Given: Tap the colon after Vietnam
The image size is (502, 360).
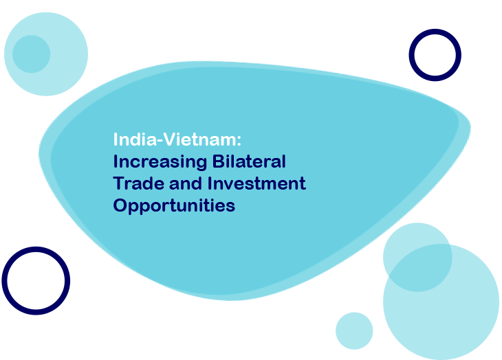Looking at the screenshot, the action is click(239, 142).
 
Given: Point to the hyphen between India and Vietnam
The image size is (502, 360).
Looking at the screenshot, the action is click(160, 141).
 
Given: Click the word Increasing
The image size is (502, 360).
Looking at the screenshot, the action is click(160, 162).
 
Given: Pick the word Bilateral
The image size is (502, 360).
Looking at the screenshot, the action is click(249, 161).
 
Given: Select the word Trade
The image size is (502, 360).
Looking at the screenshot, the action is click(138, 183).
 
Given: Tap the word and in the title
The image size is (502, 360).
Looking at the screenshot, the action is click(186, 183).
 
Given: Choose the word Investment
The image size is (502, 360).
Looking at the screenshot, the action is click(257, 183).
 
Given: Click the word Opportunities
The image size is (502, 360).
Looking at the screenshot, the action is click(174, 206).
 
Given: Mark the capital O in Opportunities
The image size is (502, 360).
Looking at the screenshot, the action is click(120, 205).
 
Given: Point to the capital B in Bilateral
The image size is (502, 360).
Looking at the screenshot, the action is click(218, 161).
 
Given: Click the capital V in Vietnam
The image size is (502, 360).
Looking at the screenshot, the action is click(171, 139).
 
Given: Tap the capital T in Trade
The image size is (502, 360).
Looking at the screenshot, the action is click(119, 183).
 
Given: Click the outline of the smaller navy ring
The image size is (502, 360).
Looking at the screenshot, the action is click(411, 55).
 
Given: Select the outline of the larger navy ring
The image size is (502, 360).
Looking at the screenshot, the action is click(5, 280).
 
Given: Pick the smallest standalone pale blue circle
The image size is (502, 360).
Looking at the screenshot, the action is click(354, 330).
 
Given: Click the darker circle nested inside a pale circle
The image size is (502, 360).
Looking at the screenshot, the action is click(31, 54).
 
